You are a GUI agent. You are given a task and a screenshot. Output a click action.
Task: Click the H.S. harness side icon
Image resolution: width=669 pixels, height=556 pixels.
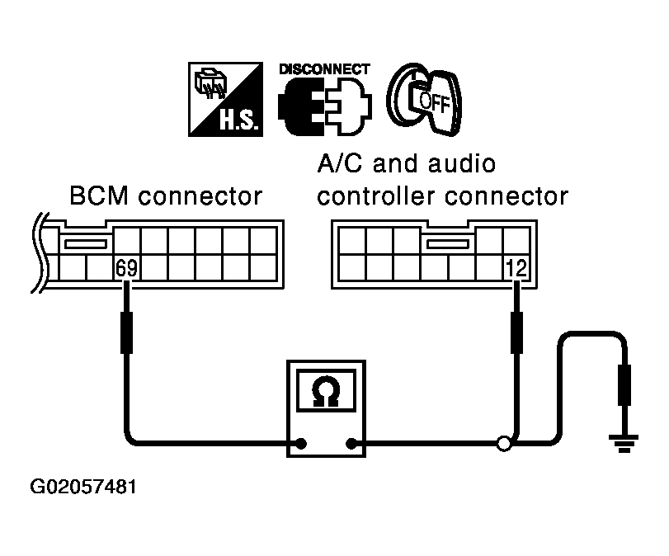pyautogui.click(x=225, y=100)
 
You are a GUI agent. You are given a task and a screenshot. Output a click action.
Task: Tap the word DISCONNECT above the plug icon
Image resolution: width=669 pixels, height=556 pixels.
pyautogui.click(x=324, y=69)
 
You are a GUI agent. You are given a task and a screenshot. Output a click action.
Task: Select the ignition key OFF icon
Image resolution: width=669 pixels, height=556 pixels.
pyautogui.click(x=424, y=100)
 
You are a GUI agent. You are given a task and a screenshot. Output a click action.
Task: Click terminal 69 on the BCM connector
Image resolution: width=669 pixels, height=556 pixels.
pyautogui.click(x=126, y=268)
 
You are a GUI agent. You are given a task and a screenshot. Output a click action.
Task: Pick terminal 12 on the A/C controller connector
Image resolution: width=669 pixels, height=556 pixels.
pyautogui.click(x=516, y=268)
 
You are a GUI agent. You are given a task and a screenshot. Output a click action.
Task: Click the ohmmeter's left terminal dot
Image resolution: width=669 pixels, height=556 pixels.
pyautogui.click(x=301, y=444)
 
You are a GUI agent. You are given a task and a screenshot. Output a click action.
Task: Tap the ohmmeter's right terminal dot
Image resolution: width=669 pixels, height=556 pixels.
pyautogui.click(x=351, y=444)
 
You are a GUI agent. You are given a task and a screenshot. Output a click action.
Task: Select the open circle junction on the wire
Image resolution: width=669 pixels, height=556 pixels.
pyautogui.click(x=504, y=444)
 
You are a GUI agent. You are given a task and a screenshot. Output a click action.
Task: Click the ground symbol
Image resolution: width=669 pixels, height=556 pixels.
pyautogui.click(x=624, y=443)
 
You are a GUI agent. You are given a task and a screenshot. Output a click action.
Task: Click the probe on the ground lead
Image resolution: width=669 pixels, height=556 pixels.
pyautogui.click(x=624, y=385)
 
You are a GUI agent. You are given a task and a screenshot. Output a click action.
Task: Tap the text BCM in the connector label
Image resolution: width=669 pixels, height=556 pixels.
pyautogui.click(x=98, y=196)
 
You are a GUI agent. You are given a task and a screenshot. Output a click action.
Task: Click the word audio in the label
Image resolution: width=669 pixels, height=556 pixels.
pyautogui.click(x=461, y=163)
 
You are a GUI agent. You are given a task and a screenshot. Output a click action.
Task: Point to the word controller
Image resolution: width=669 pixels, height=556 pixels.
pyautogui.click(x=377, y=196)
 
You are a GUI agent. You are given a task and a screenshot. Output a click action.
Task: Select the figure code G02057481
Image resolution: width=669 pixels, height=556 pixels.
pyautogui.click(x=83, y=487)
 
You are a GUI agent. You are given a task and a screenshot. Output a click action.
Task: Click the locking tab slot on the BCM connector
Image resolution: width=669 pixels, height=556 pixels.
pyautogui.click(x=85, y=244)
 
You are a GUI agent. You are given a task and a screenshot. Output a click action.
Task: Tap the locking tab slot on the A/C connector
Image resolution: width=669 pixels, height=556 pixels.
pyautogui.click(x=448, y=244)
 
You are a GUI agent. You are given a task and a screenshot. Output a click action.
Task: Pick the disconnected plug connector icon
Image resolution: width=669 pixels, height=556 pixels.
pyautogui.click(x=324, y=106)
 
